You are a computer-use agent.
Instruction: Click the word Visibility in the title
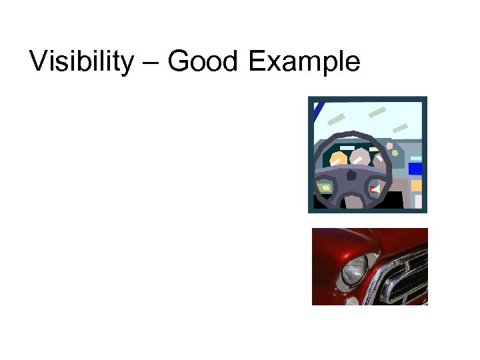pos(82,62)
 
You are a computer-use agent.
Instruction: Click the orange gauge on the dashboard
pos(339,160)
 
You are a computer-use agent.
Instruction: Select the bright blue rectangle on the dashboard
pos(415,169)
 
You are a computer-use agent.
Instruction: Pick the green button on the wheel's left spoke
pos(325,188)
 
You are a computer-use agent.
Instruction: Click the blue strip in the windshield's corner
pos(319,110)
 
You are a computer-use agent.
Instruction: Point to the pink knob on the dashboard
pos(389,146)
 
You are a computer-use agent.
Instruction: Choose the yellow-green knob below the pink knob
pos(395,153)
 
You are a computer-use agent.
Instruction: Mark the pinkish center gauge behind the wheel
pos(360,157)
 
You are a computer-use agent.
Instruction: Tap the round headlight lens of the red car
pos(353,271)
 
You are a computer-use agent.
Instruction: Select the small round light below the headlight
pos(350,301)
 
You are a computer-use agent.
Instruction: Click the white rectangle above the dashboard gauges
pos(347,147)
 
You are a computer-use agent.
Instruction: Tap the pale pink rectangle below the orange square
pos(418,201)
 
